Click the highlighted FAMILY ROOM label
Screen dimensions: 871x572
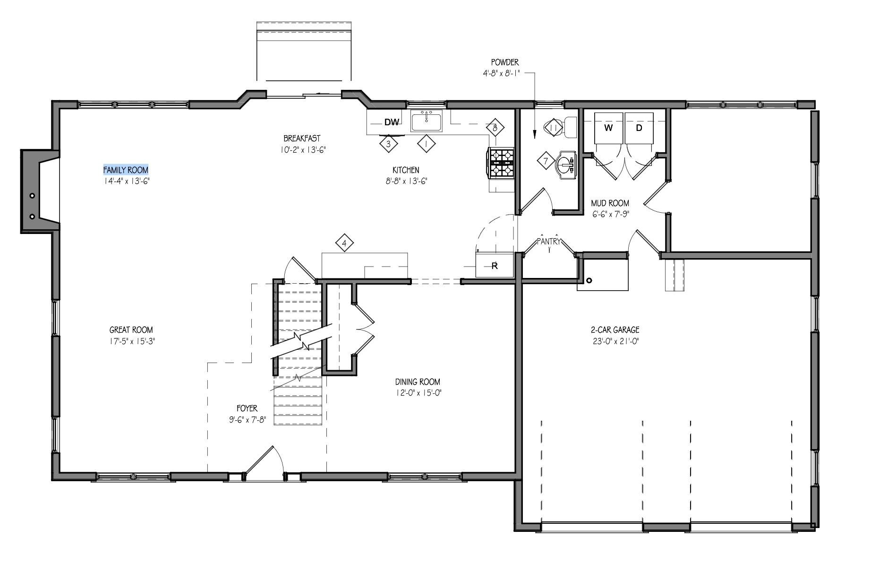click(x=126, y=170)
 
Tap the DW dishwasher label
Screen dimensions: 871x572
click(x=391, y=122)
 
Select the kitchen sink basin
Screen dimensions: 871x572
click(x=427, y=121)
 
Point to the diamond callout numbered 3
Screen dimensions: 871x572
click(x=389, y=144)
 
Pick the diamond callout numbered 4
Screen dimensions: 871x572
click(x=344, y=243)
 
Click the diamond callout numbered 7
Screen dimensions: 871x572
click(x=546, y=161)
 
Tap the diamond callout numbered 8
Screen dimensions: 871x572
click(x=495, y=128)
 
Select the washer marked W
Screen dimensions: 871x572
click(x=608, y=128)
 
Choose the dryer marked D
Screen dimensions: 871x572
click(x=639, y=128)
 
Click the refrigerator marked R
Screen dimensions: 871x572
click(x=494, y=265)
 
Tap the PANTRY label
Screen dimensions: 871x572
click(x=549, y=242)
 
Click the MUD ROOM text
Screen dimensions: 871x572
click(x=610, y=203)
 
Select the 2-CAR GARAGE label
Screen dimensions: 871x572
click(x=615, y=330)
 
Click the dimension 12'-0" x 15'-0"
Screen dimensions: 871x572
click(x=418, y=393)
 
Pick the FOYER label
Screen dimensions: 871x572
click(x=247, y=408)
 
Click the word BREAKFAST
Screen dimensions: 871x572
click(x=302, y=139)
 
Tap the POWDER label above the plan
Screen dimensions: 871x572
click(x=505, y=62)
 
